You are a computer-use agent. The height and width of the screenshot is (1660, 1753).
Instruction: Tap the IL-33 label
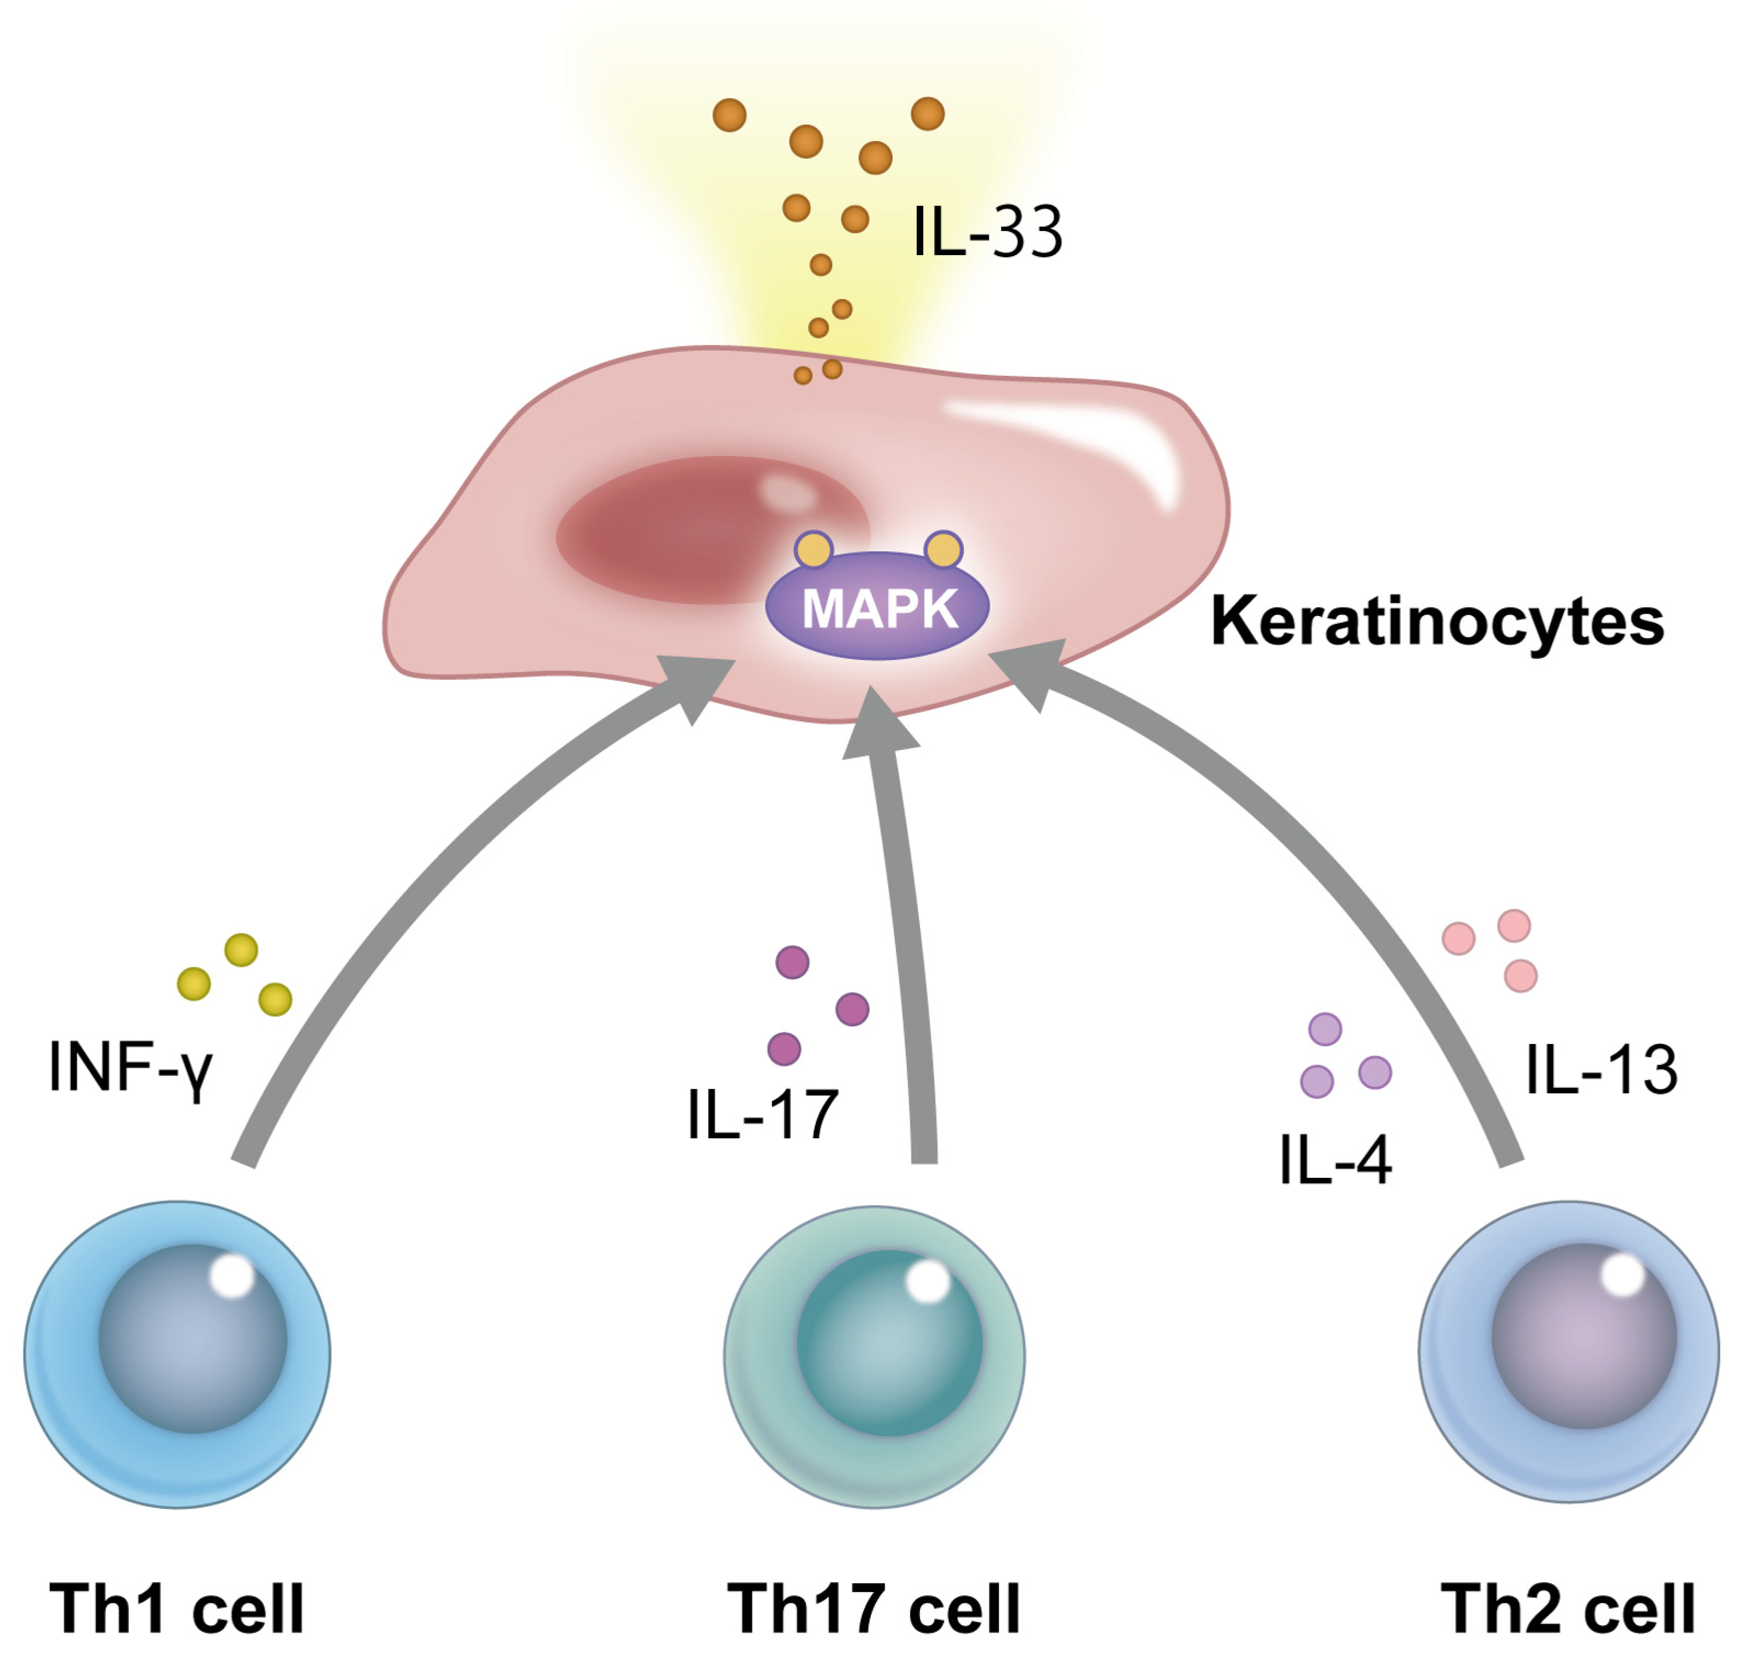987,232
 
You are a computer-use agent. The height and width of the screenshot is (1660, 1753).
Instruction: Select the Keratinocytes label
1437,622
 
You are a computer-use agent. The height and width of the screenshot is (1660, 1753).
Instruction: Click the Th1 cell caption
177,1608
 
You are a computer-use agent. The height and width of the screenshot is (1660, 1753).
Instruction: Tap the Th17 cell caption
874,1608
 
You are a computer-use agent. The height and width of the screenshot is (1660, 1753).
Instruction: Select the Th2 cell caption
1568,1608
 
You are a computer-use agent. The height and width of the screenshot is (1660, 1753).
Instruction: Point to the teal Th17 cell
874,1356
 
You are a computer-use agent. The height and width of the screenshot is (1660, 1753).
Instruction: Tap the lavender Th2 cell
1569,1352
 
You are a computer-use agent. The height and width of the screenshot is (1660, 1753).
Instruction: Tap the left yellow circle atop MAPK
813,550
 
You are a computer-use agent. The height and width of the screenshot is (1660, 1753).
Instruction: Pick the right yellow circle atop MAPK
943,550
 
